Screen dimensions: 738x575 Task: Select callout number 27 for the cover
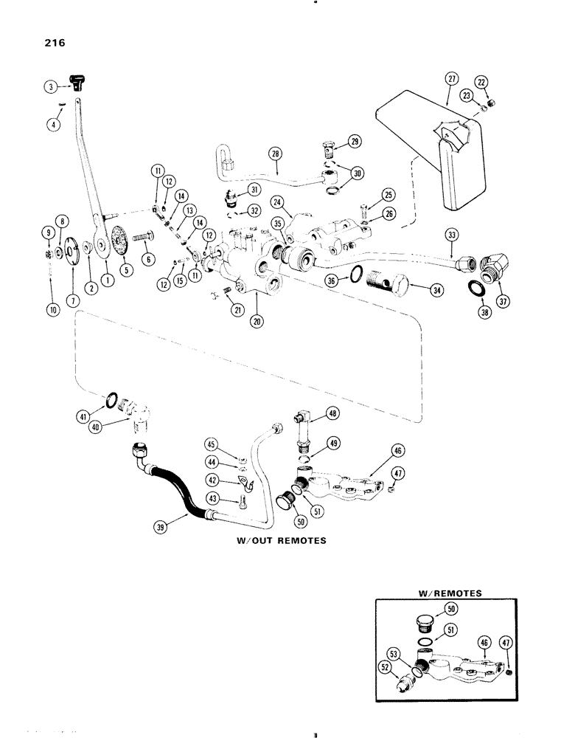(451, 80)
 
